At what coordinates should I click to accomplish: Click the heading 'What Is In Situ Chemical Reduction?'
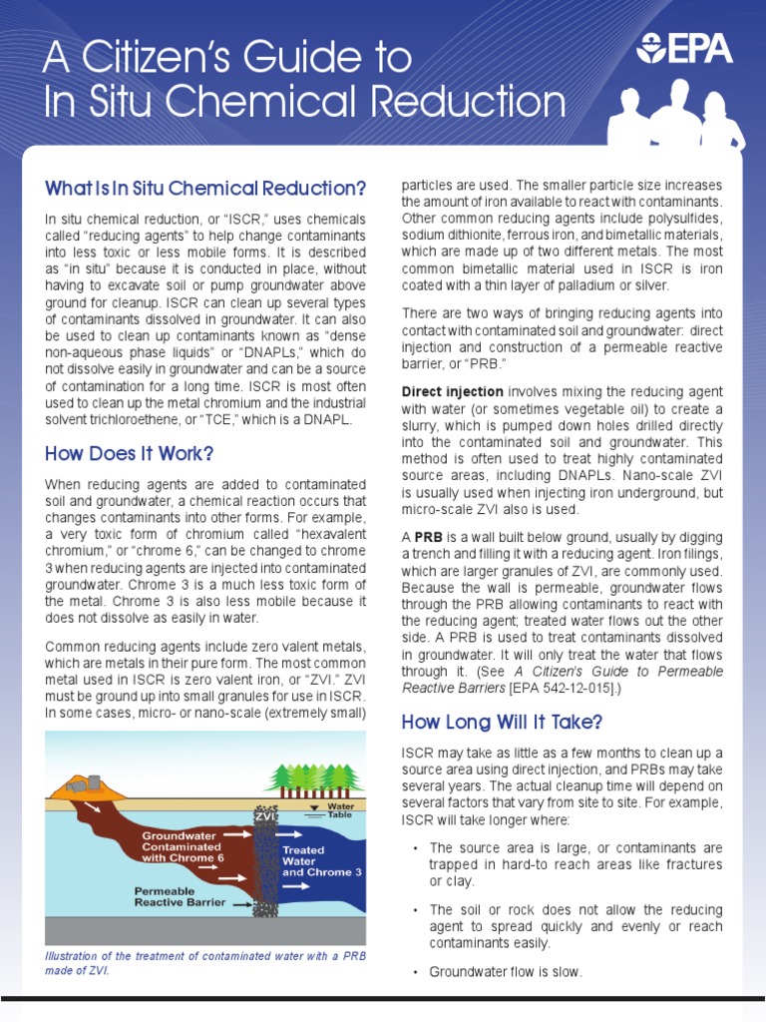click(205, 189)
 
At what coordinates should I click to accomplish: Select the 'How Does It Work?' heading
click(130, 454)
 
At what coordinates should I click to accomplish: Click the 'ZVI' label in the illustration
click(264, 815)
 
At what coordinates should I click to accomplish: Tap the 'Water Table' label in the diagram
click(340, 809)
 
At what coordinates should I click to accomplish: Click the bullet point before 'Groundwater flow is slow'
click(415, 972)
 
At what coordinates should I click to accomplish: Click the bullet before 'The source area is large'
click(415, 848)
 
